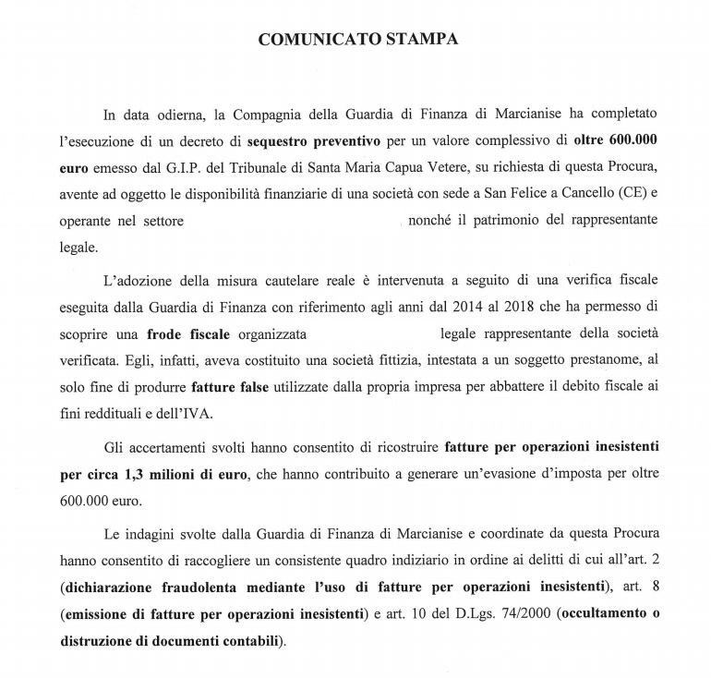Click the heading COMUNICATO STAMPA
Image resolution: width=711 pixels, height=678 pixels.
[x=357, y=41]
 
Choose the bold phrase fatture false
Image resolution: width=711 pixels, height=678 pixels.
[x=231, y=384]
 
